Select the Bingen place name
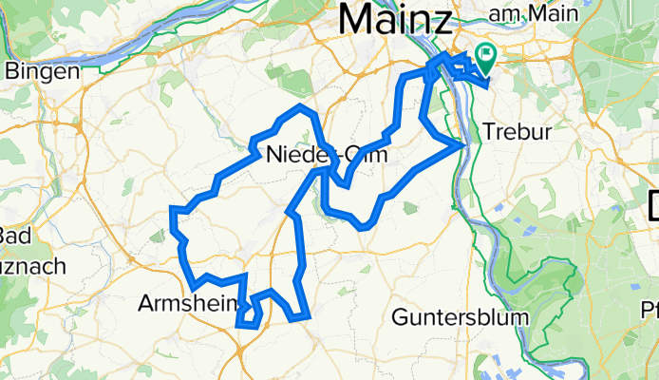35,71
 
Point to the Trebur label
517,132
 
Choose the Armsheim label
186,304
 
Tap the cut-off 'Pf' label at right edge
650,310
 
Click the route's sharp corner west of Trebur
462,145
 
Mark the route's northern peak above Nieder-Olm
302,106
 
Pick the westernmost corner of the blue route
172,208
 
